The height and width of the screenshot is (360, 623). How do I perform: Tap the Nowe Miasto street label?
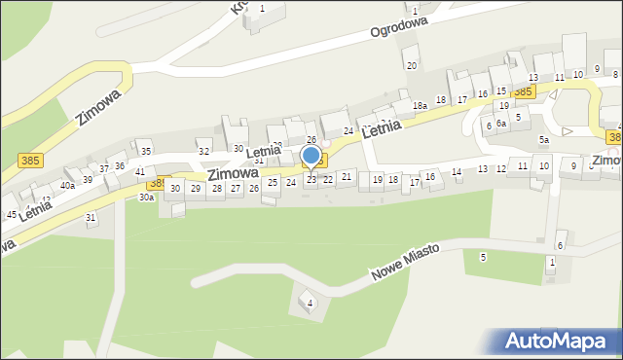tap(404, 263)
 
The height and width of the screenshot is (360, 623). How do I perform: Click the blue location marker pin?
tap(311, 157)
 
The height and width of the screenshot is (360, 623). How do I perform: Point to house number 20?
tap(412, 65)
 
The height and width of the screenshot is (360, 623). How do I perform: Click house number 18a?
tap(420, 105)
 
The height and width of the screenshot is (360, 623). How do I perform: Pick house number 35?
tap(145, 151)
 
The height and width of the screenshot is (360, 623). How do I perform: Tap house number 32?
tap(203, 151)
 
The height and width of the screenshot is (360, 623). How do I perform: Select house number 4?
tap(311, 304)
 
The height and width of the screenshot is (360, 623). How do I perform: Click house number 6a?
tap(501, 124)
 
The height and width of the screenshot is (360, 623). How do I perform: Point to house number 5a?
tap(544, 140)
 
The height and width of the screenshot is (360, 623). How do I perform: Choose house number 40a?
tap(67, 185)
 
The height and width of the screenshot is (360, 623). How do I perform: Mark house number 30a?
tap(146, 197)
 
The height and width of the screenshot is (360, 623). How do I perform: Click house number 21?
tap(346, 176)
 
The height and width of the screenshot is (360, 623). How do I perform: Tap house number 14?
tap(457, 171)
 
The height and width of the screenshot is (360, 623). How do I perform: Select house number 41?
tap(140, 171)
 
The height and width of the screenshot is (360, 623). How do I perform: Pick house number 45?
tap(12, 214)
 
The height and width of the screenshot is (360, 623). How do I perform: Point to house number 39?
tap(88, 179)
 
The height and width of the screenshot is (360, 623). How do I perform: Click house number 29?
tap(196, 188)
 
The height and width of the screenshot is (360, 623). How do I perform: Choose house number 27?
tap(236, 188)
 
